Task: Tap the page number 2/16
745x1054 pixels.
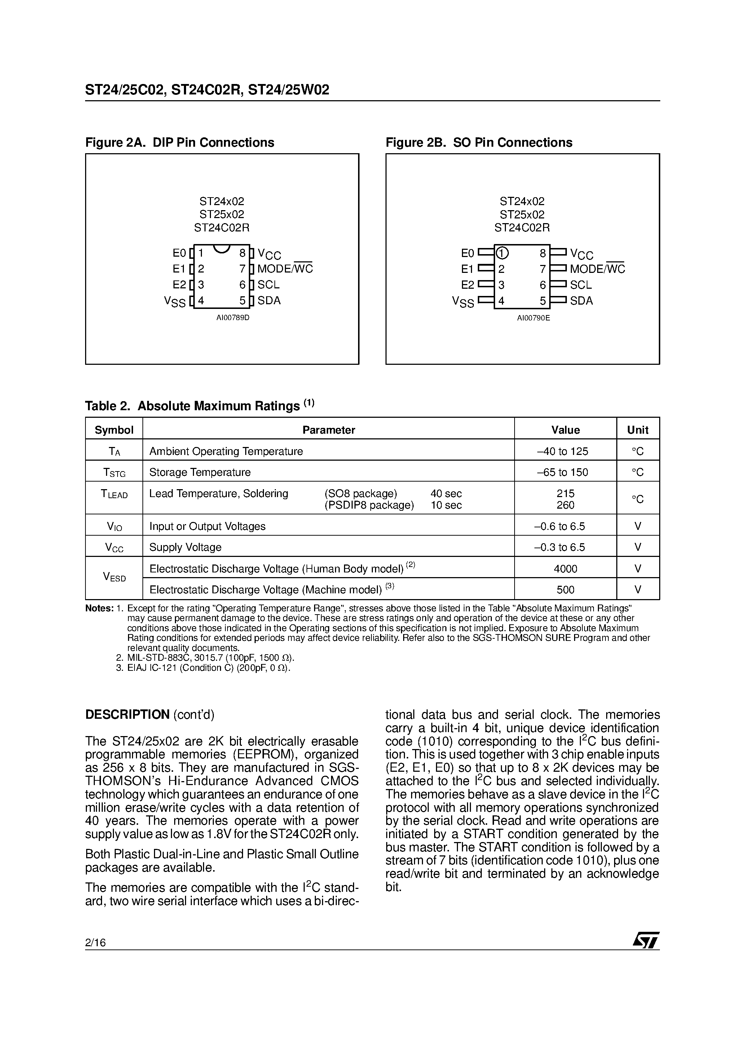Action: point(96,943)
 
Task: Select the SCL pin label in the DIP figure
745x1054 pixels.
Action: point(268,285)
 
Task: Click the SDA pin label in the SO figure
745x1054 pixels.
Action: point(581,301)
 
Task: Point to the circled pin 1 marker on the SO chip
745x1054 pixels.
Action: point(502,253)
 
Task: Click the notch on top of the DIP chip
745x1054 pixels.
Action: point(222,248)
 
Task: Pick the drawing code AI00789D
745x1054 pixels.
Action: point(233,318)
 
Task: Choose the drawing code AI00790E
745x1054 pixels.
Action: point(533,318)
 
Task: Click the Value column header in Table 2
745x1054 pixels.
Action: point(565,430)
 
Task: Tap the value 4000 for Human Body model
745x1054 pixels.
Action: point(565,569)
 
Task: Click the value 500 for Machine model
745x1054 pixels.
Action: point(565,590)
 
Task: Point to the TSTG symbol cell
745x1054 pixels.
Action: point(114,472)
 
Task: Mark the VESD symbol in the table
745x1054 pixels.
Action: point(114,577)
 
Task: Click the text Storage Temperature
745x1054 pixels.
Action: point(200,472)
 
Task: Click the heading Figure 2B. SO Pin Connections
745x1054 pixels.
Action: point(479,142)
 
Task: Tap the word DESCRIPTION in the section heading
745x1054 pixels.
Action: point(127,715)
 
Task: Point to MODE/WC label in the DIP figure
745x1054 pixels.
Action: point(285,269)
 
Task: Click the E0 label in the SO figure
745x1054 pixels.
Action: point(467,253)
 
